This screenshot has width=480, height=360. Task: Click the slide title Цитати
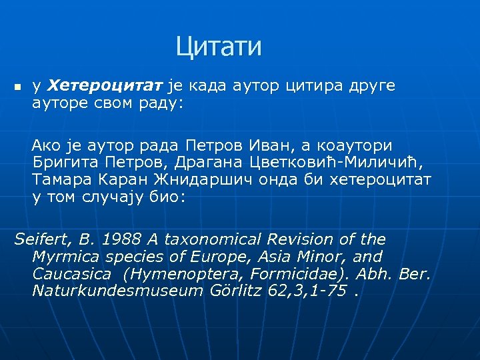[x=219, y=47]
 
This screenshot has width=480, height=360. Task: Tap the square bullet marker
[x=17, y=87]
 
